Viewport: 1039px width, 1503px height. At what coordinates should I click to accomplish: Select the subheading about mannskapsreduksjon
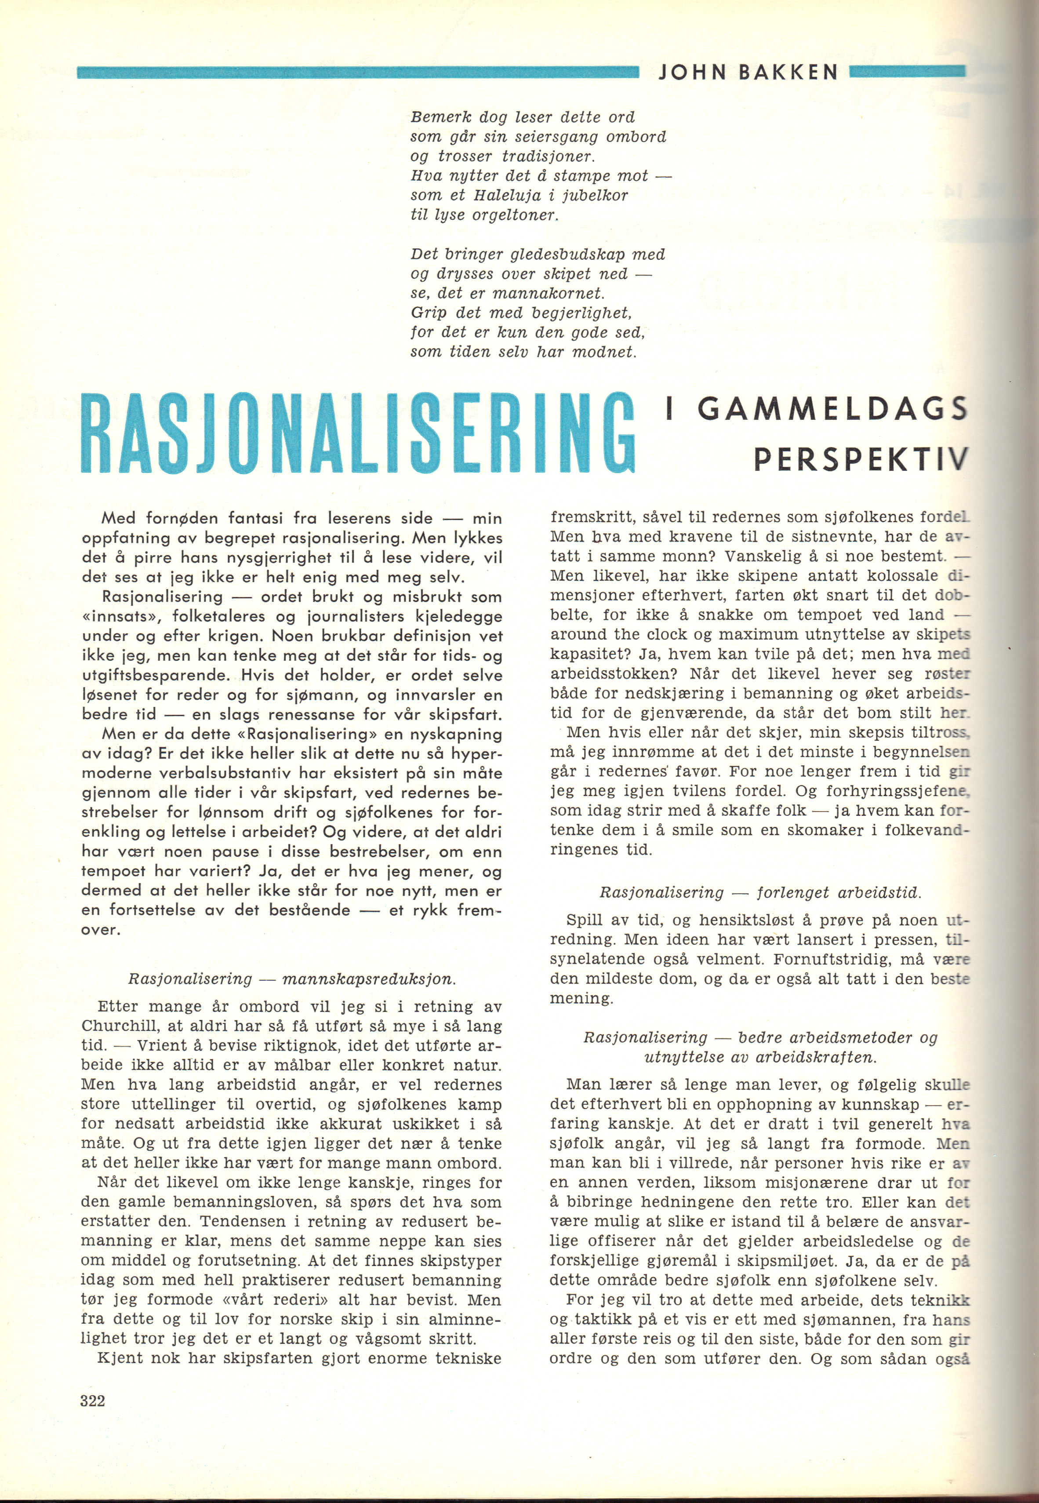292,979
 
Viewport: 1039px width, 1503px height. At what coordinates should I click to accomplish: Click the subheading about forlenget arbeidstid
760,892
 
